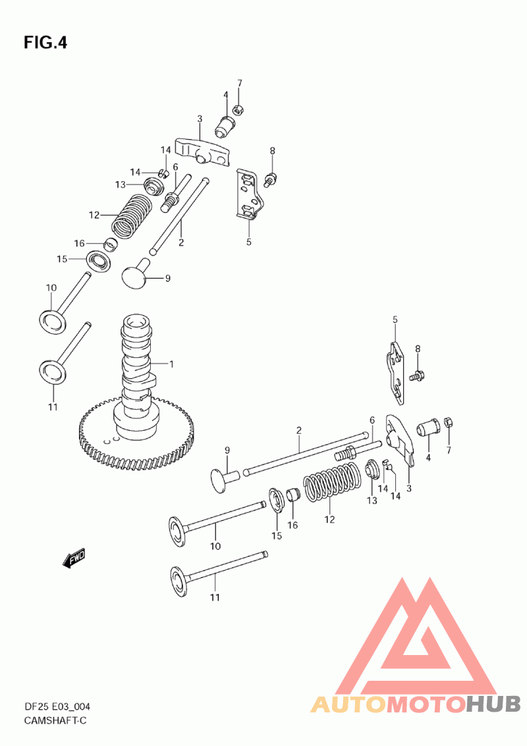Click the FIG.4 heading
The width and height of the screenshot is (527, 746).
[45, 43]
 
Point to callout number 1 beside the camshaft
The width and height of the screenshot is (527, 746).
[171, 364]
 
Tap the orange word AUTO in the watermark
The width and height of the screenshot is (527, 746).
[348, 704]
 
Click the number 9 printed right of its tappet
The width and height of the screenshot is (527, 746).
[167, 278]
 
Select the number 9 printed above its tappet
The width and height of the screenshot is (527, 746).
[227, 450]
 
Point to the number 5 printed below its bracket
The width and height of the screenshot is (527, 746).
[249, 242]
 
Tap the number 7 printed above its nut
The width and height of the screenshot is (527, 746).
[240, 83]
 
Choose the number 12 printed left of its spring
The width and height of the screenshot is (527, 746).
[94, 215]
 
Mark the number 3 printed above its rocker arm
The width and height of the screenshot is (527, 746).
[199, 119]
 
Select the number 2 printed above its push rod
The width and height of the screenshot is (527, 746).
[298, 430]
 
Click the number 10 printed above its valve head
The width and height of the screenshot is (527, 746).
[51, 288]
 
